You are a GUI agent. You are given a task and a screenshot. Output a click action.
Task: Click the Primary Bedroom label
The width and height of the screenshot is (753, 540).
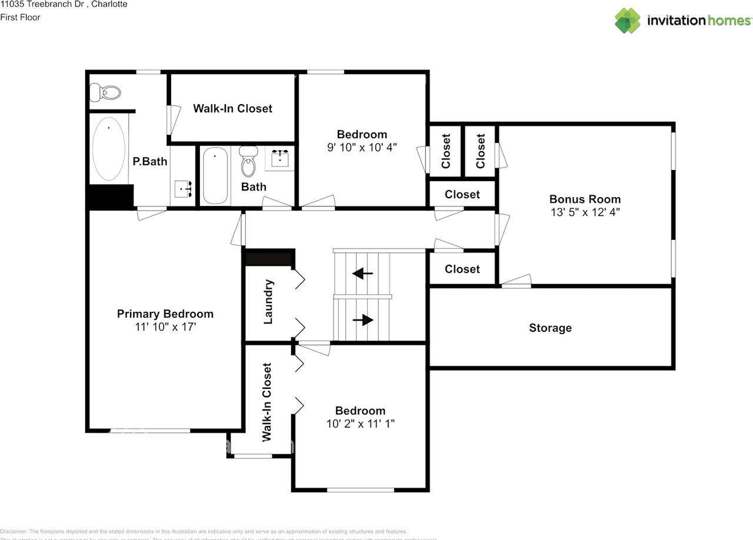[x=165, y=314]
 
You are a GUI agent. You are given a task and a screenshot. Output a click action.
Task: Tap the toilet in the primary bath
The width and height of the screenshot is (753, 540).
[x=105, y=92]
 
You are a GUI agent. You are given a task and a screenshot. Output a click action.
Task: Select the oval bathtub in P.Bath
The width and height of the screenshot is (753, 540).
[x=109, y=149]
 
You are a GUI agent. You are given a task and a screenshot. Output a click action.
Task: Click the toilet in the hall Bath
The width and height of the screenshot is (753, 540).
[x=249, y=161]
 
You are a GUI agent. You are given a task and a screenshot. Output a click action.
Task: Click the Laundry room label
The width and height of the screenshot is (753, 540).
[x=268, y=302]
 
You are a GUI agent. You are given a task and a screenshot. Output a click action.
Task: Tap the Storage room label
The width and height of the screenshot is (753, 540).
[x=550, y=328]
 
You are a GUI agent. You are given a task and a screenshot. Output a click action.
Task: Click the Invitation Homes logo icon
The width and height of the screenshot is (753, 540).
[x=627, y=21]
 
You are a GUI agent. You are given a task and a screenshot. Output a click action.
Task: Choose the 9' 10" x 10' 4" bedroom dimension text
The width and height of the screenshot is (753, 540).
[x=362, y=147]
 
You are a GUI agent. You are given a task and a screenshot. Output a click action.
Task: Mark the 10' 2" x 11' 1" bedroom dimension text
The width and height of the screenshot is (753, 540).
[x=360, y=424]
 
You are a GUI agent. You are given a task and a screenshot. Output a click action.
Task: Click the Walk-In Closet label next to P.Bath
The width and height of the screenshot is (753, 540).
[x=232, y=108]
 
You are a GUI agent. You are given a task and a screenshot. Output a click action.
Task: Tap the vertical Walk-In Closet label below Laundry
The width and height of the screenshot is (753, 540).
[x=267, y=402]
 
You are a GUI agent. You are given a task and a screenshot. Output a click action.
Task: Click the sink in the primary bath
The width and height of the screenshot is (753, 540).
[x=183, y=189]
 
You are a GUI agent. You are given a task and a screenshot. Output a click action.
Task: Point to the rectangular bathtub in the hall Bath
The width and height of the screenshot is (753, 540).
[x=215, y=175]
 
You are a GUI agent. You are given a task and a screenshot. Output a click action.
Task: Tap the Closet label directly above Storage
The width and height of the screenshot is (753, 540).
[x=462, y=269]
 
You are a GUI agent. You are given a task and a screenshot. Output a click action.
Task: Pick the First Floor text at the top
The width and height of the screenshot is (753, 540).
[x=21, y=17]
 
